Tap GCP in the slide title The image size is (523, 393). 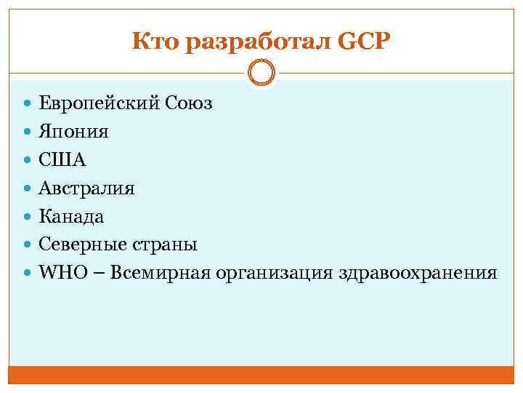(x=363, y=43)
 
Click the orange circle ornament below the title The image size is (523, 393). (x=261, y=74)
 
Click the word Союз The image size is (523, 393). (x=188, y=103)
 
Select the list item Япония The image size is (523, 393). (x=73, y=132)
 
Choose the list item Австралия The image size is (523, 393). (x=86, y=188)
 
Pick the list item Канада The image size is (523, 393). (x=71, y=217)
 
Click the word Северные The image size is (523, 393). (x=81, y=245)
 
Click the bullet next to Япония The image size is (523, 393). (x=28, y=132)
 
